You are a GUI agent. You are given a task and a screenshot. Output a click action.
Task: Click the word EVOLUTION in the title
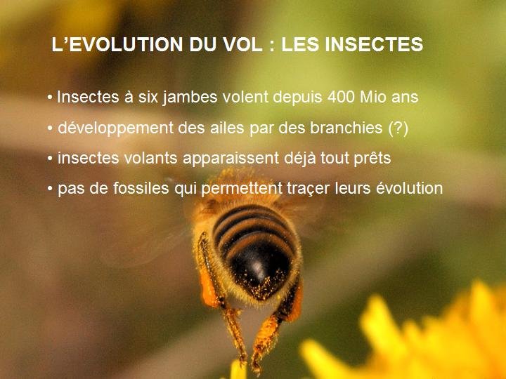(x=126, y=44)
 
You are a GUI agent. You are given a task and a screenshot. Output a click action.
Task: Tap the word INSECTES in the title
(x=374, y=44)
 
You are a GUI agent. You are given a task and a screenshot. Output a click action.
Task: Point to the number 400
(x=341, y=97)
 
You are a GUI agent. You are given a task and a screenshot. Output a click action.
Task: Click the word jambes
(x=190, y=98)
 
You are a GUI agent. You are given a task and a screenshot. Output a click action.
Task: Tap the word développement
(x=115, y=128)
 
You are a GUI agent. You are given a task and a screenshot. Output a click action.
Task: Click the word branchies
(x=346, y=128)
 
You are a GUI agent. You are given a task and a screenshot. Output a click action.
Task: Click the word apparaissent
(x=231, y=159)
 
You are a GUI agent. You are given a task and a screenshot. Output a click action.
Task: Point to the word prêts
(x=372, y=159)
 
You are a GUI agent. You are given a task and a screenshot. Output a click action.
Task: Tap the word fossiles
(x=141, y=188)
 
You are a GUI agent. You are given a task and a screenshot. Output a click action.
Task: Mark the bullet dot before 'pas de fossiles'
(x=50, y=189)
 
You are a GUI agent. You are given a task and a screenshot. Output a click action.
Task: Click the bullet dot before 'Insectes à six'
(x=50, y=98)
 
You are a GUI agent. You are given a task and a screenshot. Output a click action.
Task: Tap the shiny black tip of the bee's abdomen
(x=258, y=267)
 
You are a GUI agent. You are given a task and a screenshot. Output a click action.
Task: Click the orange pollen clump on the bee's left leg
(x=207, y=290)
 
